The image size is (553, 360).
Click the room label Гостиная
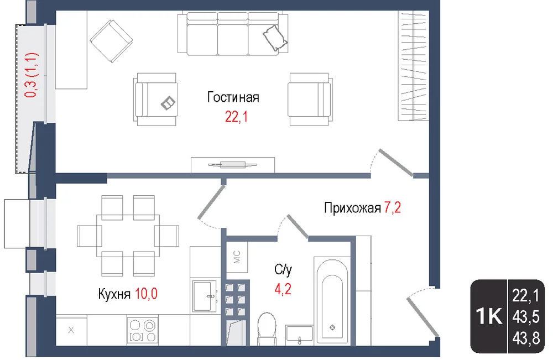[233, 97]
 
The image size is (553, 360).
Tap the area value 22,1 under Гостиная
[236, 116]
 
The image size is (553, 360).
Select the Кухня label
[114, 294]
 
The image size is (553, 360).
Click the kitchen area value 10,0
[146, 293]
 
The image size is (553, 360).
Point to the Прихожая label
[352, 208]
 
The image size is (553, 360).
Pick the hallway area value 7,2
[393, 207]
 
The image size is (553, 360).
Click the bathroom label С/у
[283, 270]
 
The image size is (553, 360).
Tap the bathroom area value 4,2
[283, 289]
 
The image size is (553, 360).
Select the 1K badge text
[489, 316]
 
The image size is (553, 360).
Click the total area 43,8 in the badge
[526, 338]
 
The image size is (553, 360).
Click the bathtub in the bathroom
[332, 300]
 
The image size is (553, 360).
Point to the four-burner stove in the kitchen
[143, 330]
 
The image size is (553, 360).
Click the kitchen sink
[204, 296]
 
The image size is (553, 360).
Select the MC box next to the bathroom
[237, 257]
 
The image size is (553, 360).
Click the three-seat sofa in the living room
[233, 34]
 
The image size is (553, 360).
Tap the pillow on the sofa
[275, 38]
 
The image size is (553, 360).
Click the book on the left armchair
[168, 103]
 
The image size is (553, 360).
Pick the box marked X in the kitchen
[71, 330]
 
